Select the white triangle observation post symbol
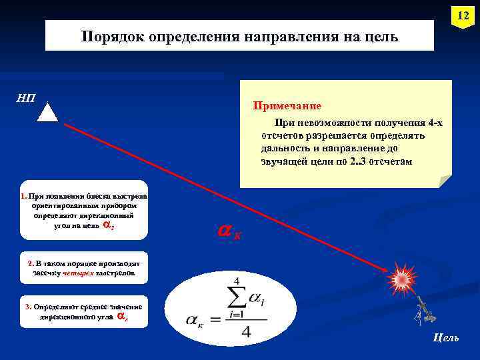click(47, 111)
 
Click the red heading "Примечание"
click(287, 106)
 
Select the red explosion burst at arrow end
click(402, 279)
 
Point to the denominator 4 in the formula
click(246, 331)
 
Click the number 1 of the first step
click(23, 197)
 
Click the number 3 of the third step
click(27, 307)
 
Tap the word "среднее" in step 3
click(97, 307)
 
